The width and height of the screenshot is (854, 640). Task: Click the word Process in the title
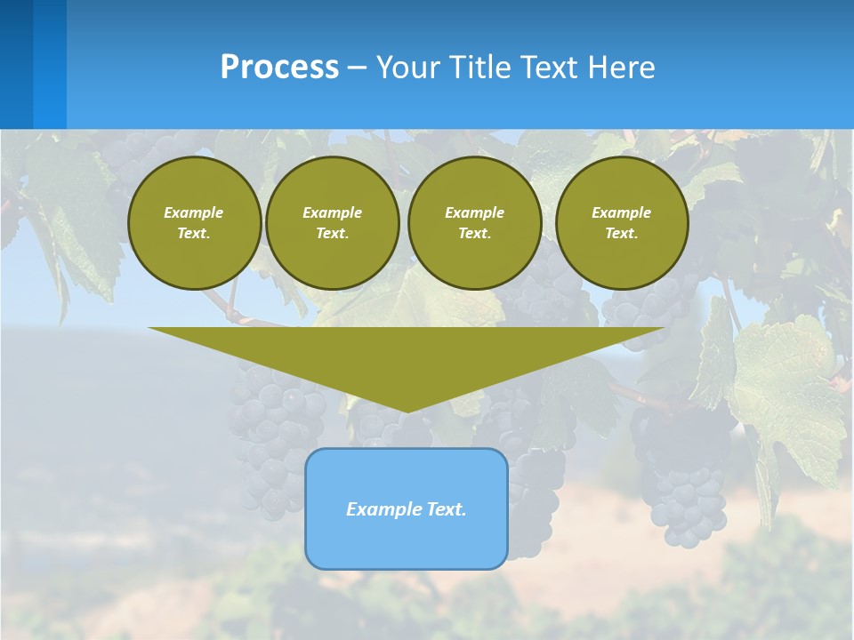point(279,68)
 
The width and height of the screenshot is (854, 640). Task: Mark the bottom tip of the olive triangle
point(407,410)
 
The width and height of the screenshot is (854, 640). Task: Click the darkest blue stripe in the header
point(16,64)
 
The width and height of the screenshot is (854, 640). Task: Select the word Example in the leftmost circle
point(194,212)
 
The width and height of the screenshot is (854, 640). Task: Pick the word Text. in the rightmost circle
point(622,233)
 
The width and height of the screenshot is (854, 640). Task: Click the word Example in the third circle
point(475,212)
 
